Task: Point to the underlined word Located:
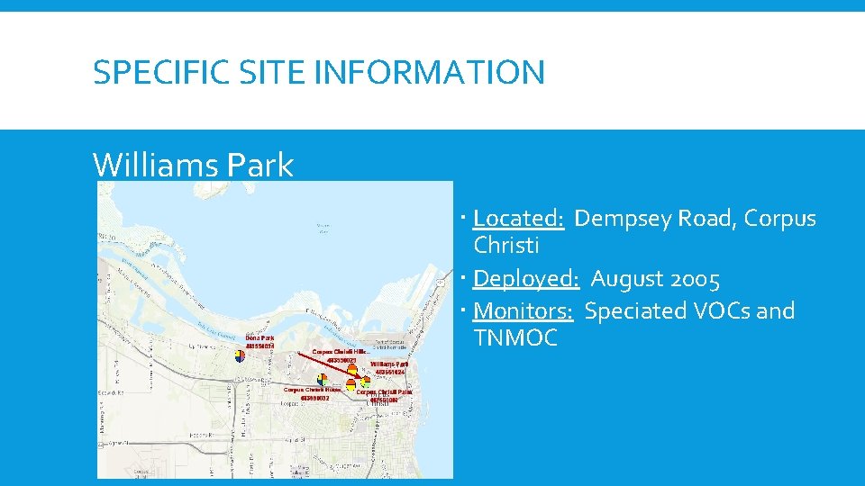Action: point(518,219)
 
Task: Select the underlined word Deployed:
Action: point(525,280)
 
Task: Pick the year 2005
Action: point(701,280)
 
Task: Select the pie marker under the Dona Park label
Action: point(240,355)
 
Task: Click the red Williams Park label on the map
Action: point(389,364)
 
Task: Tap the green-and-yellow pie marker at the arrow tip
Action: point(366,382)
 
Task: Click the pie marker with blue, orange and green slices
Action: point(322,379)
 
